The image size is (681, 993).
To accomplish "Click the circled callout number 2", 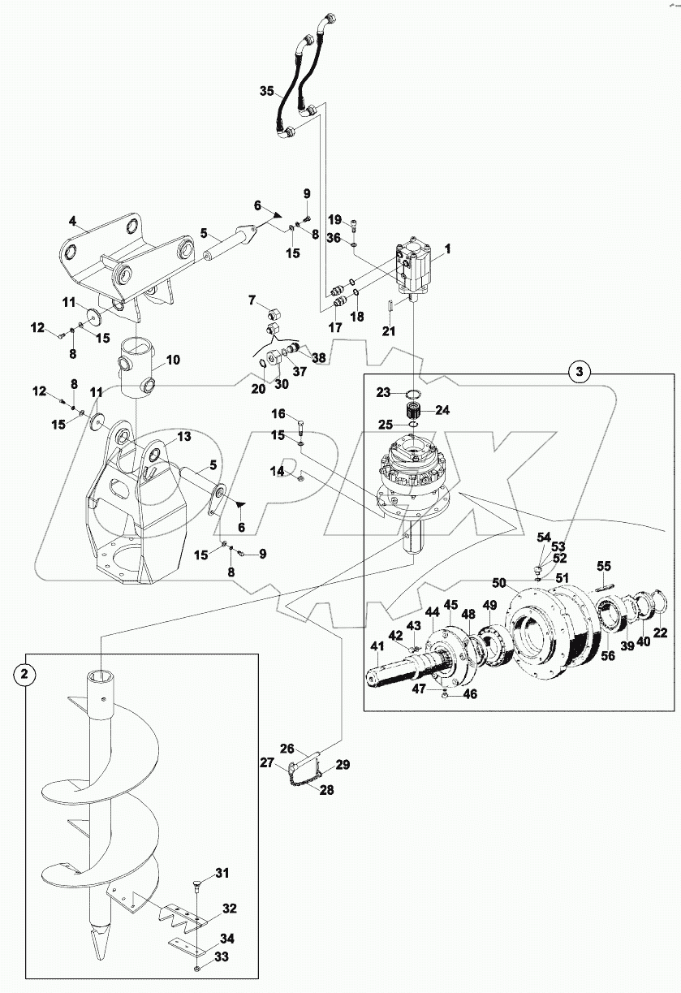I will (x=25, y=674).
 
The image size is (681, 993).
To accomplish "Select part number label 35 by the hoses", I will (x=267, y=92).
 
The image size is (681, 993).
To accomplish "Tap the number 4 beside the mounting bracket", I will (x=72, y=221).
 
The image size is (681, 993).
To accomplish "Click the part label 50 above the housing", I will (x=499, y=583).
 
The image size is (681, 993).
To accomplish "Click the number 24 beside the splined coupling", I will (x=442, y=409).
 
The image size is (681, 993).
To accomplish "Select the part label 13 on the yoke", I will (x=184, y=437).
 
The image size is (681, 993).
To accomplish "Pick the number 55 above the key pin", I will (x=603, y=565).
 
